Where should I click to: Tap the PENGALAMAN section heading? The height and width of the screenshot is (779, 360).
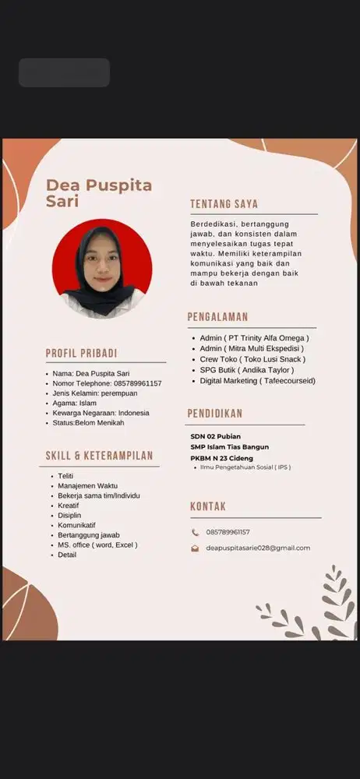coord(217,317)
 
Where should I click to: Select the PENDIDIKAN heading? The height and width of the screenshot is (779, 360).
coord(214,414)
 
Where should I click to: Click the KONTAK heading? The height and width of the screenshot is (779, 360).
coord(208,507)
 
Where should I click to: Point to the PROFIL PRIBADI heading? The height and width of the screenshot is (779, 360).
coord(81,353)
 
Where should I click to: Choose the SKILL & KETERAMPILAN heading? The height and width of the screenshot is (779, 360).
coord(98,456)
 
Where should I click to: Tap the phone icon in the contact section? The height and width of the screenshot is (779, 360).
coord(196,532)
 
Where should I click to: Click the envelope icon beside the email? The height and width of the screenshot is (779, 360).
coord(196,548)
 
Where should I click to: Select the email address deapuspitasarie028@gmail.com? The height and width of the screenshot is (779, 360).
coord(258,548)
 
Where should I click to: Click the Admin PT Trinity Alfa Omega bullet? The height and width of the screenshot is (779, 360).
coord(254,338)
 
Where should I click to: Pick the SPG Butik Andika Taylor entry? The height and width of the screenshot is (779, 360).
coord(246,370)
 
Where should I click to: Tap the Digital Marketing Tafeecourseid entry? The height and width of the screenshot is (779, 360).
coord(257,381)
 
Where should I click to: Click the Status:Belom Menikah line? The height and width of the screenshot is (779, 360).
coord(88,422)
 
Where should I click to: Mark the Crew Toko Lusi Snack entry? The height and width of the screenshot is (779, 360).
coord(252,359)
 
